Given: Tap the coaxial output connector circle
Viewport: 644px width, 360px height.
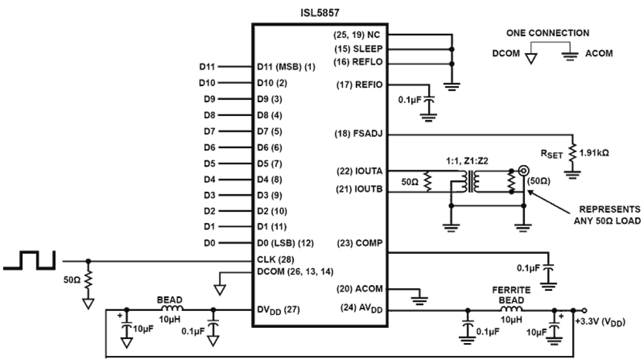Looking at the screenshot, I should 524,170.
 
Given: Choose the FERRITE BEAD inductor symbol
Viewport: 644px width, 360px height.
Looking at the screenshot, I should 511,310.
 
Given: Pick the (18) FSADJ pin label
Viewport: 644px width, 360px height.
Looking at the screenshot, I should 359,134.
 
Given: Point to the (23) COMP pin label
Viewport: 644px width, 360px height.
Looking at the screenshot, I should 360,243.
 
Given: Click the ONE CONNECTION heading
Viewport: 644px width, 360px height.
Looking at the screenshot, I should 548,33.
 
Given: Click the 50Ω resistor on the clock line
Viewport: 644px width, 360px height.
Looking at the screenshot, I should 88,280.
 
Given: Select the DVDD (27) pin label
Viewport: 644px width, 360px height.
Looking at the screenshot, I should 278,310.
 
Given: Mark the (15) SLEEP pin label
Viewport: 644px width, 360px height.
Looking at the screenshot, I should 359,49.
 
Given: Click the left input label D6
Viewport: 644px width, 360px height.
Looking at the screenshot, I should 209,147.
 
